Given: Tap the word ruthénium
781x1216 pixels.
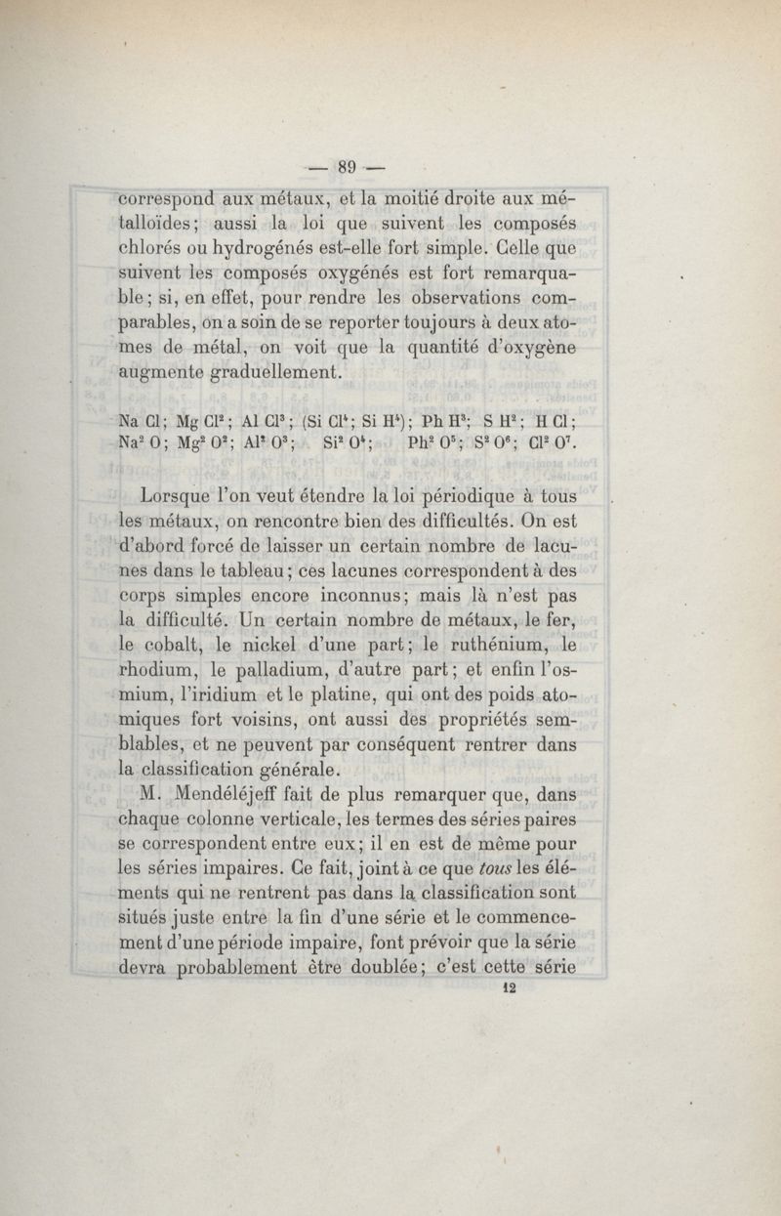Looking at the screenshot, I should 475,645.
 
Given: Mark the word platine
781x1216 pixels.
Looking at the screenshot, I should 339,696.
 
